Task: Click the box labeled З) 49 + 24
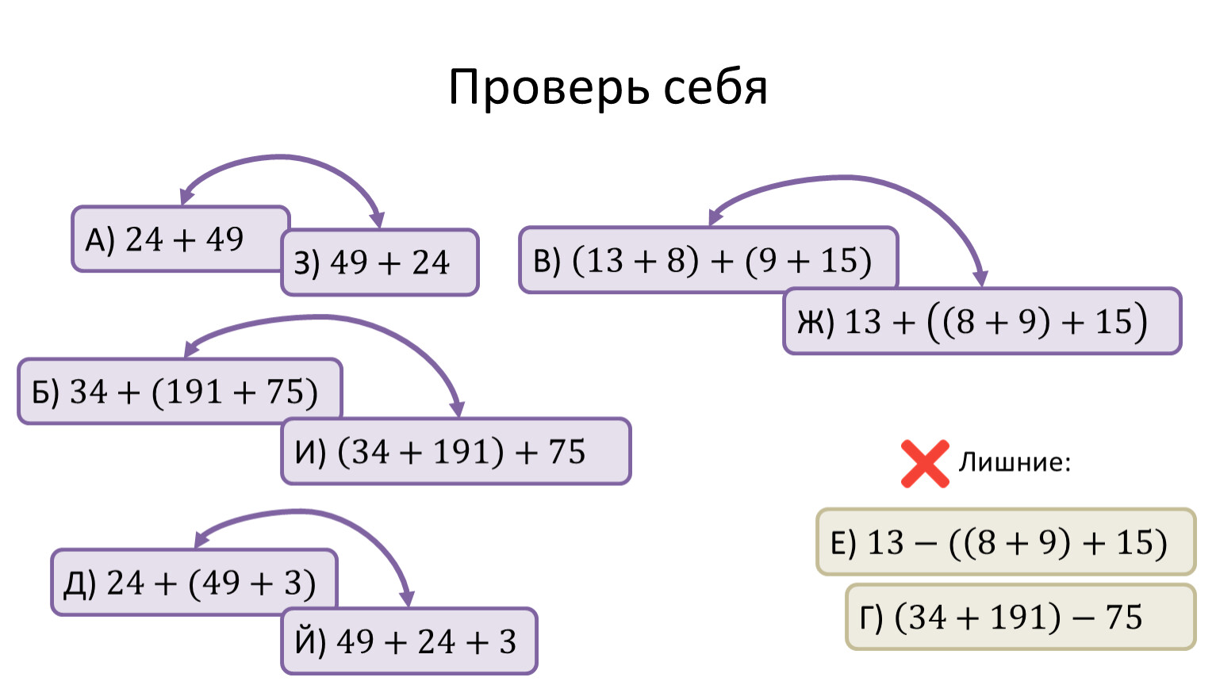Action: point(380,262)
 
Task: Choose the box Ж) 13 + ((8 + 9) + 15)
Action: point(981,321)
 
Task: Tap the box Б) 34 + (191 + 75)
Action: point(179,392)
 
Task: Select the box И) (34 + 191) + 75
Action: point(455,451)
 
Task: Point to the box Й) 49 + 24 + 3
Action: point(409,641)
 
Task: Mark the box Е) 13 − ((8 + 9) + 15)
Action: point(1005,542)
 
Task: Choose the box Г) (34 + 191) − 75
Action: point(1019,617)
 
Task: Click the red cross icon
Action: point(925,463)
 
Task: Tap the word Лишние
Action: point(1014,462)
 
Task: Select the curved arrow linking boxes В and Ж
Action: point(849,178)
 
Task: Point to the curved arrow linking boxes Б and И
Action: point(325,318)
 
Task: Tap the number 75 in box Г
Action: point(1124,617)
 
